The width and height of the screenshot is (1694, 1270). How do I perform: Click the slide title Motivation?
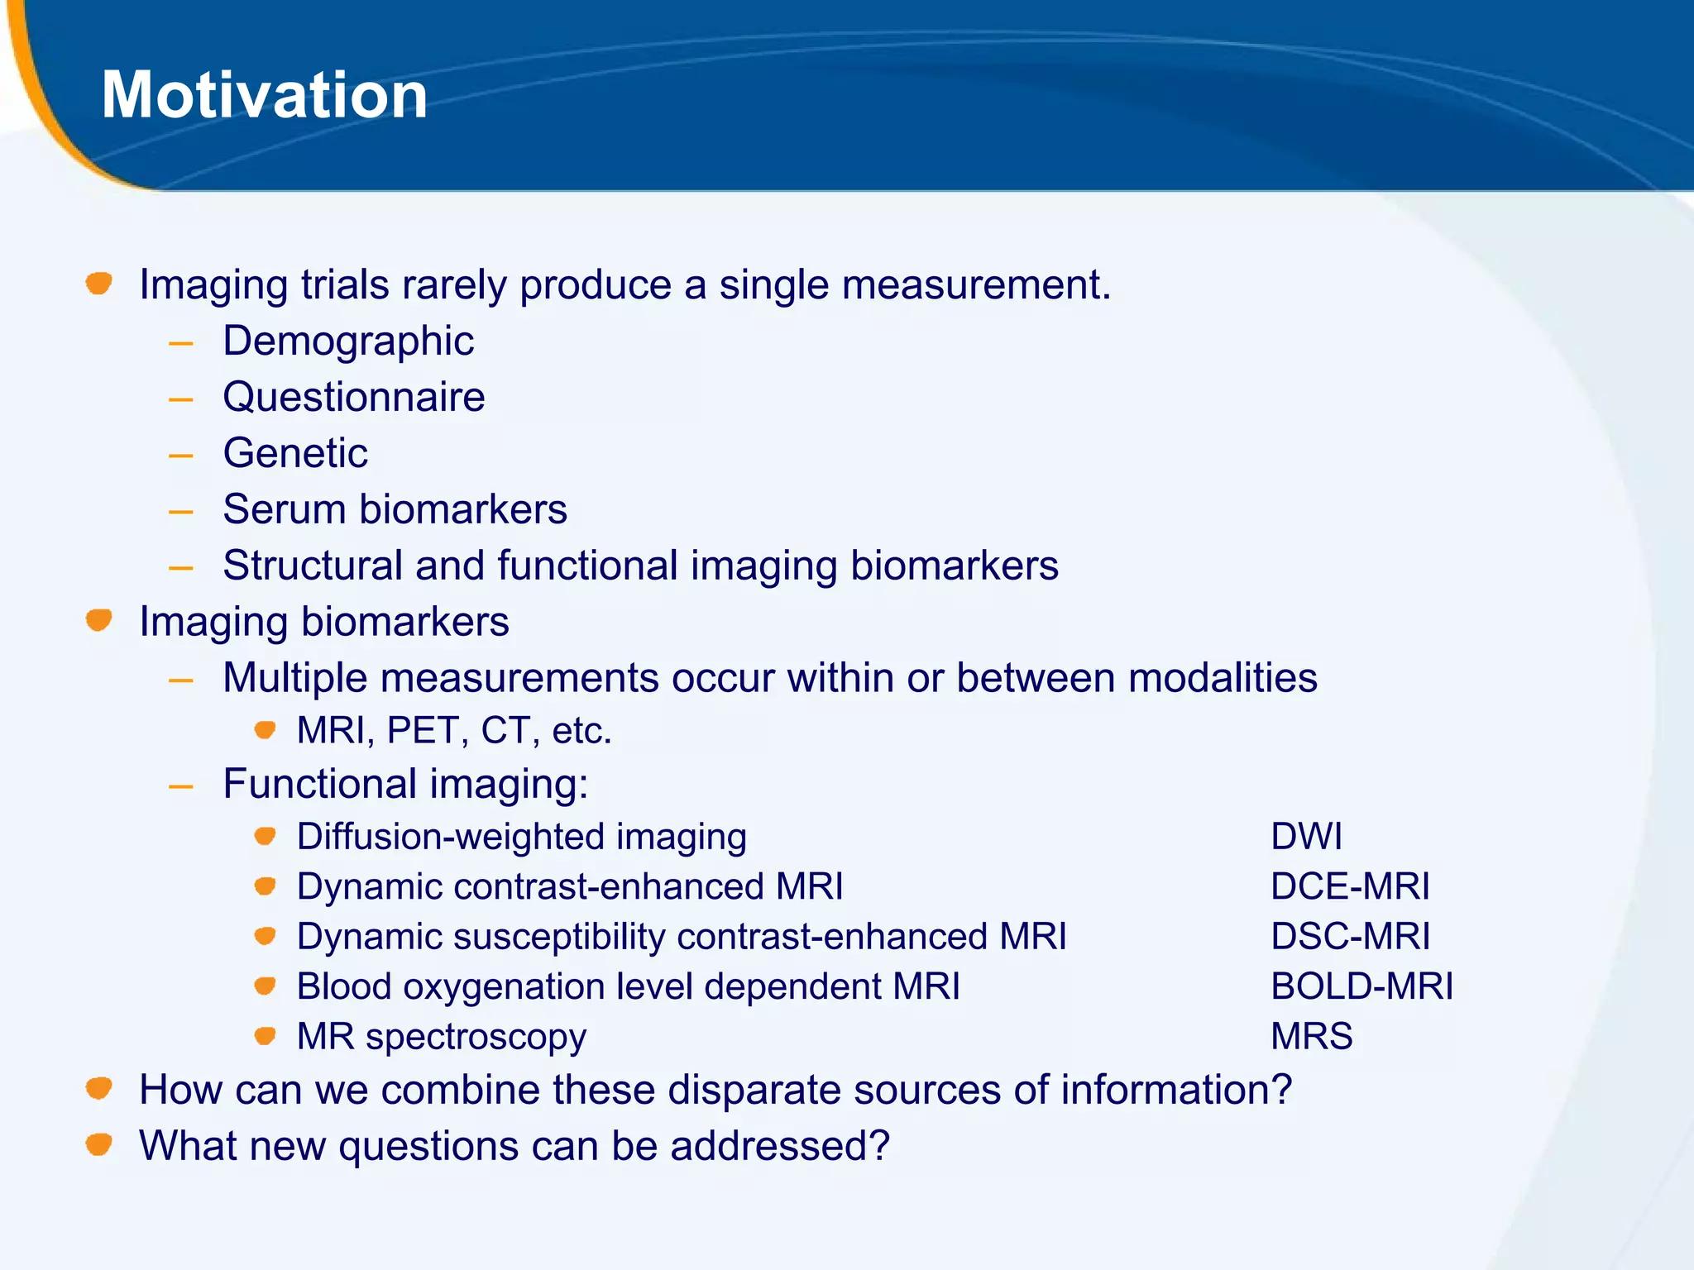(265, 95)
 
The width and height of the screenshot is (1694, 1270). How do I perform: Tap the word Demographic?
(348, 341)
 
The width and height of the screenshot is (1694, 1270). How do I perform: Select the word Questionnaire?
(354, 397)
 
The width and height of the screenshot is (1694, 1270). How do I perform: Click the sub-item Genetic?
(295, 453)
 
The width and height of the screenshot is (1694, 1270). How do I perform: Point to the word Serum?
(283, 509)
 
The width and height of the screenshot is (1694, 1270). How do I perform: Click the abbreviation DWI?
(1306, 837)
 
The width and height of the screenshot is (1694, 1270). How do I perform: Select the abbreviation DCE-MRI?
(1350, 886)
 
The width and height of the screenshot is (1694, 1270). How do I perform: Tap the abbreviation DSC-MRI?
(1350, 937)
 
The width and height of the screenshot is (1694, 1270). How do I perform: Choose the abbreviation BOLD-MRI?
(1361, 986)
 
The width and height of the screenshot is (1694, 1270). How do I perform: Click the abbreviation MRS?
(1311, 1037)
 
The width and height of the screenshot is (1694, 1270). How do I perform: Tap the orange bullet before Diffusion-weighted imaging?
(265, 836)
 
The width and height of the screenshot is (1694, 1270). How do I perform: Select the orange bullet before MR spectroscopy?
(265, 1036)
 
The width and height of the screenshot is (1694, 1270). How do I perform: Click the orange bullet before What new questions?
(99, 1144)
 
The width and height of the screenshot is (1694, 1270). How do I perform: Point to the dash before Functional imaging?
(180, 786)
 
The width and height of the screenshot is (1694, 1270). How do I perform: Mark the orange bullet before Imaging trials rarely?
(99, 284)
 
